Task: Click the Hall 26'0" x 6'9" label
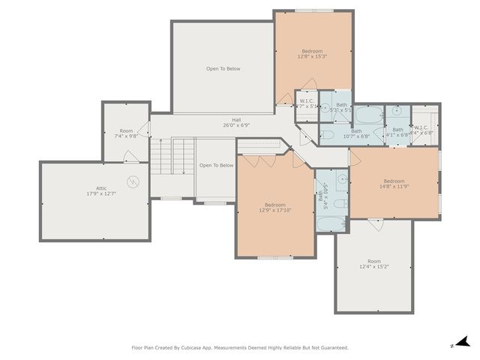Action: [236, 123]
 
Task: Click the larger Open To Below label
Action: [223, 69]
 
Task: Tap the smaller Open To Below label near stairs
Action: [216, 165]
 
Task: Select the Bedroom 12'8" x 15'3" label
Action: [312, 53]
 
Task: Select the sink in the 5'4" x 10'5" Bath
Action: [341, 179]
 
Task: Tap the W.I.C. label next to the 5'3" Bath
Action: [307, 103]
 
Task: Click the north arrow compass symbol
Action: [462, 341]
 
